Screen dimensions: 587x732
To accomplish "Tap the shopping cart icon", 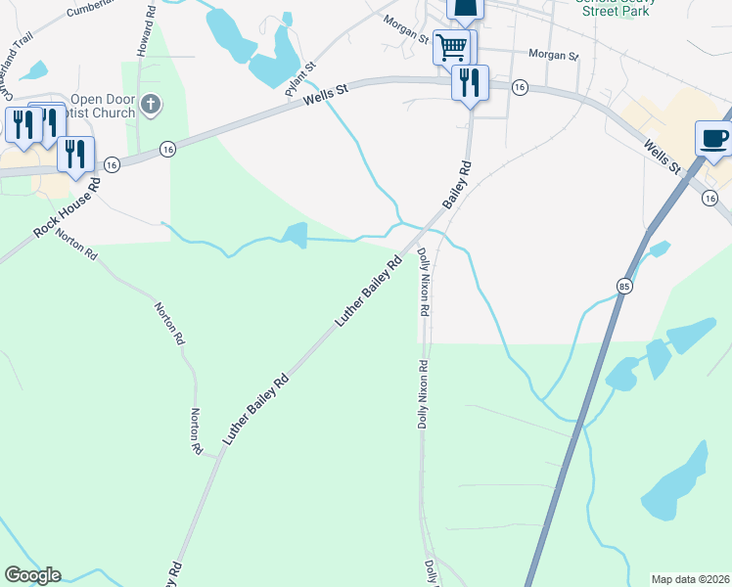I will [x=450, y=46].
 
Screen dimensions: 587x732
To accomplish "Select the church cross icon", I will [x=150, y=103].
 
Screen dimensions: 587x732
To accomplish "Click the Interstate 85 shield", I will [x=623, y=286].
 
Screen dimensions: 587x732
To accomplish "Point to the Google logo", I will [x=32, y=575].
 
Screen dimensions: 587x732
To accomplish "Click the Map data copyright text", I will [x=690, y=578].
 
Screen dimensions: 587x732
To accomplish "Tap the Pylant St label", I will [x=299, y=79].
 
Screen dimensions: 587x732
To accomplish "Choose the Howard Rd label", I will [x=146, y=32].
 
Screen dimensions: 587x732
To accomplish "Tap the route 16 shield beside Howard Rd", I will [x=168, y=148].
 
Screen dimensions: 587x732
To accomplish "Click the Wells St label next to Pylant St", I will [x=326, y=95].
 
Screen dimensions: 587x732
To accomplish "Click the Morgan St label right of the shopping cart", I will [x=553, y=55].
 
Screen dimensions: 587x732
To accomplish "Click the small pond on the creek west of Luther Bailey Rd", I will [x=295, y=233].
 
